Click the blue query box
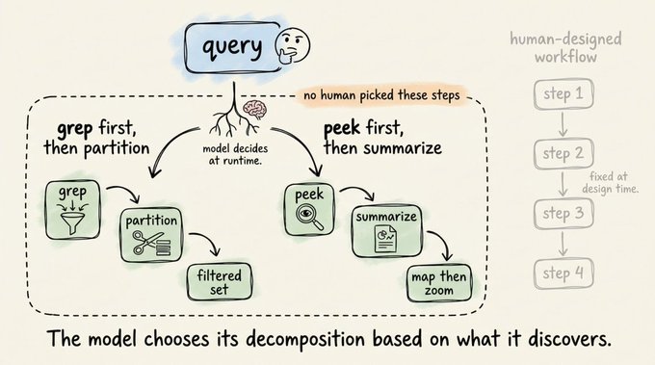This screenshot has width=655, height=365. click(233, 47)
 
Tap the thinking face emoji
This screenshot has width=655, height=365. click(293, 45)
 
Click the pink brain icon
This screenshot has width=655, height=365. click(255, 110)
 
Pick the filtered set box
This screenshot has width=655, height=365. click(220, 282)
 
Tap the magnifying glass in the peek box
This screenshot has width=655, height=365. click(309, 217)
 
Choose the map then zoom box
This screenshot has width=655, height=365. click(439, 283)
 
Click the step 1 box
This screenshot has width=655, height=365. click(563, 94)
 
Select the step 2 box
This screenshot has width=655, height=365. click(563, 154)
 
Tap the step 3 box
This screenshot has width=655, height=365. click(563, 214)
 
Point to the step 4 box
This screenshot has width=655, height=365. click(563, 274)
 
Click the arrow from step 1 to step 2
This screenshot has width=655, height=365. click(563, 124)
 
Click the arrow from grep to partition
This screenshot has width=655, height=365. click(124, 192)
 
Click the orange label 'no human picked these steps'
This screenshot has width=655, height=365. click(381, 95)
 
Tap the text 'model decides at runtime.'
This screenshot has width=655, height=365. click(235, 154)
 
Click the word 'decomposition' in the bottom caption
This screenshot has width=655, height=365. click(305, 339)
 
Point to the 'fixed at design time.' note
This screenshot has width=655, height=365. click(611, 183)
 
